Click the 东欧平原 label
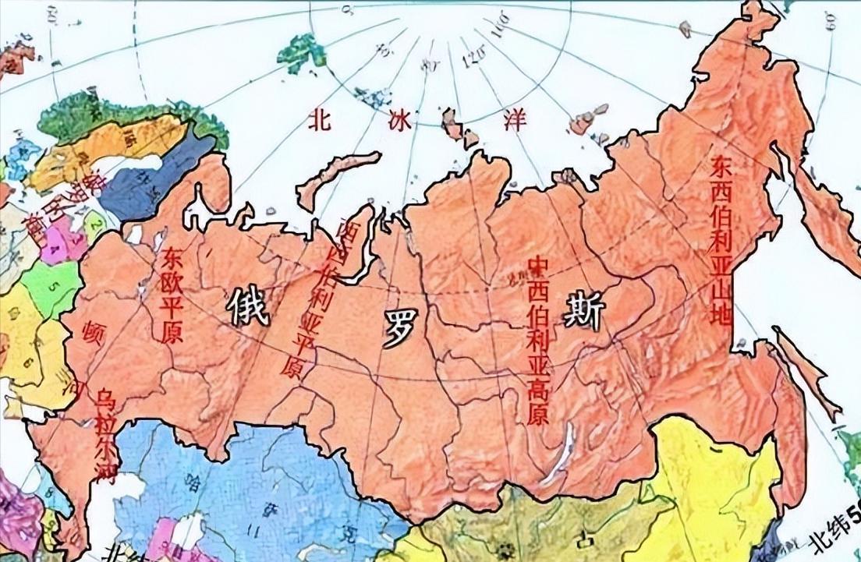(171, 296)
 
